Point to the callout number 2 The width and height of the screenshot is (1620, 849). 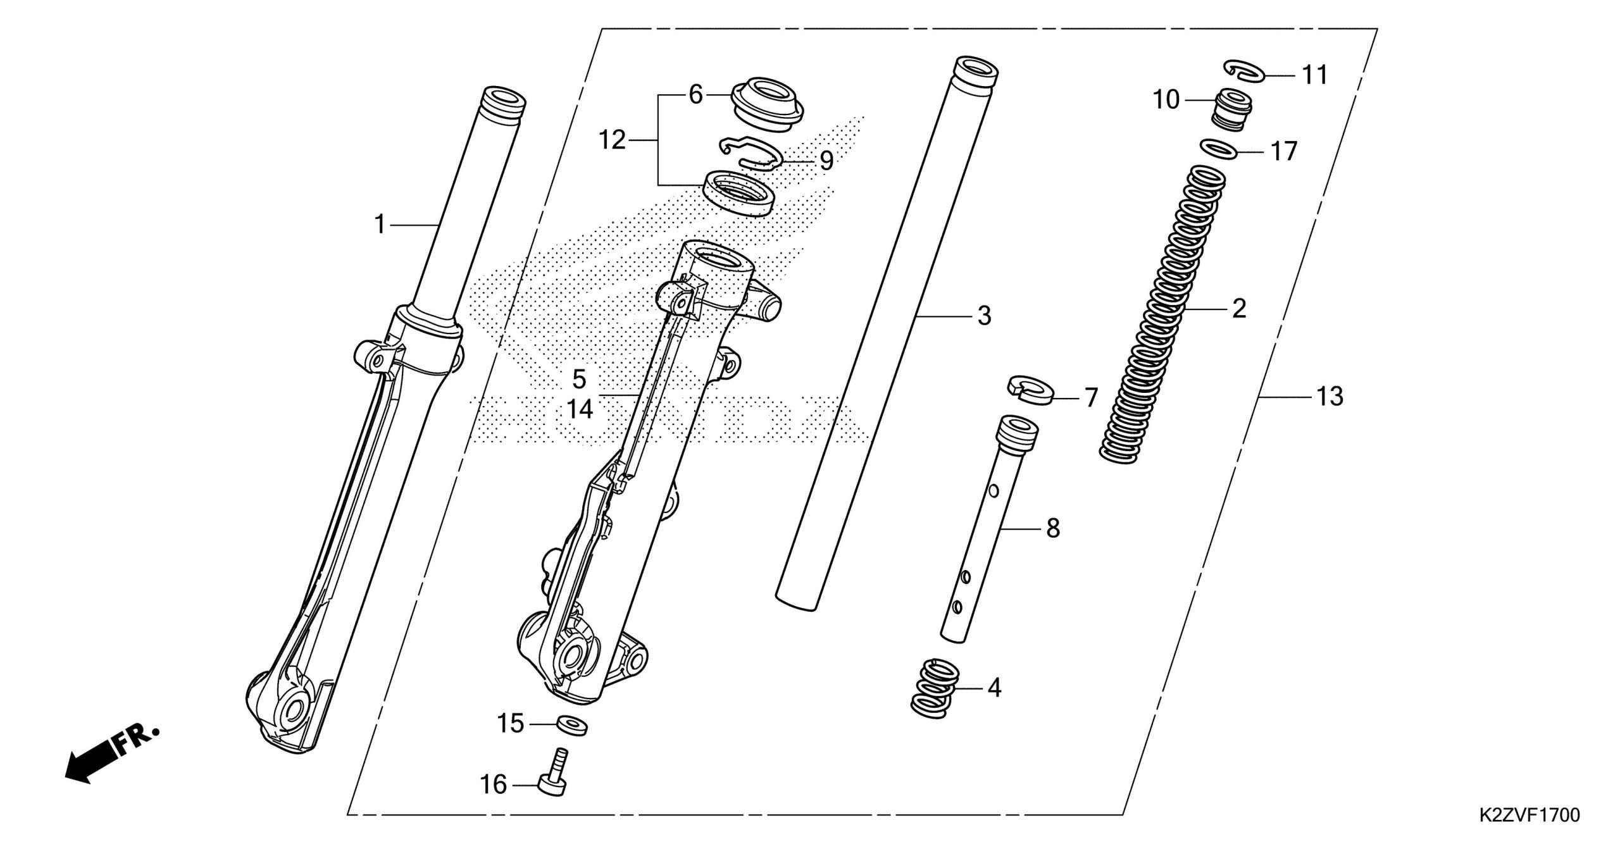click(x=1238, y=309)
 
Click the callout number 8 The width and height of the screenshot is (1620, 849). click(x=1052, y=528)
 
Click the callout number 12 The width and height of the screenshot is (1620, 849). click(x=612, y=140)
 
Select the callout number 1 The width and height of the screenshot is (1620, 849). click(x=380, y=225)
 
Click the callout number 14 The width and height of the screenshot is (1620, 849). click(x=580, y=409)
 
